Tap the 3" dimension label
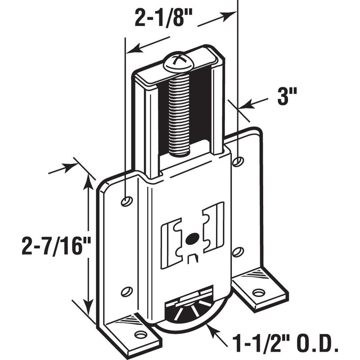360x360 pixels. (286, 96)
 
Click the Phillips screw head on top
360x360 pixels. (179, 62)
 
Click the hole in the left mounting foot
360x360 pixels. (141, 334)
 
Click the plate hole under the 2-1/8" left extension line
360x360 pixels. (127, 201)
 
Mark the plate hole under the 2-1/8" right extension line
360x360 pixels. (238, 161)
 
